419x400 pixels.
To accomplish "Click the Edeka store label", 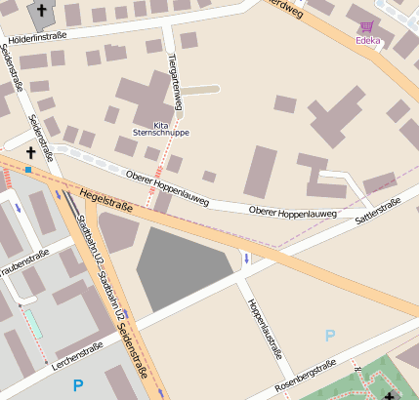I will tap(368, 40).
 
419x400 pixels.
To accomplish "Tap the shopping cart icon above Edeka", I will tap(367, 27).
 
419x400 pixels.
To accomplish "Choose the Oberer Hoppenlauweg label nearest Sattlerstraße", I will tap(293, 212).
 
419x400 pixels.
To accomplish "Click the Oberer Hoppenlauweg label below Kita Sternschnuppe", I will tap(168, 187).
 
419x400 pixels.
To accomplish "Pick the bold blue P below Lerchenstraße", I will tap(78, 385).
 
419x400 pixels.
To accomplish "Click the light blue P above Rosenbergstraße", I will tap(330, 336).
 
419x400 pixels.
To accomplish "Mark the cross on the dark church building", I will tap(41, 12).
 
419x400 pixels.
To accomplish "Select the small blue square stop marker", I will tap(29, 170).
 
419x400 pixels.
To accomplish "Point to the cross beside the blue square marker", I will tap(29, 153).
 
